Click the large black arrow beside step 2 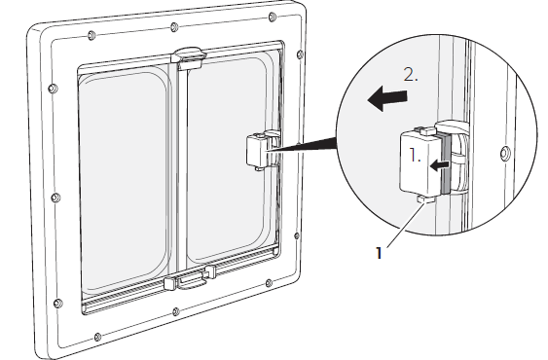click(x=387, y=98)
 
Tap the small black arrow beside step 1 click(x=439, y=165)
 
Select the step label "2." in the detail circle click(x=411, y=74)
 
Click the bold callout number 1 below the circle click(x=380, y=253)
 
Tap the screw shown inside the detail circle click(x=505, y=153)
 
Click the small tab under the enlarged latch click(x=425, y=199)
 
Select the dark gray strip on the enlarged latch click(x=445, y=163)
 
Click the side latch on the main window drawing click(x=258, y=151)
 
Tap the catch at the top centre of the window click(x=188, y=56)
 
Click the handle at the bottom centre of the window click(x=191, y=280)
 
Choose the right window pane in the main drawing click(x=228, y=159)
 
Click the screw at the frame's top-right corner click(x=273, y=17)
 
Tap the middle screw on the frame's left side click(x=55, y=198)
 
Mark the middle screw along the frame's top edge click(x=174, y=27)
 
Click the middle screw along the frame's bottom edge click(x=176, y=311)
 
